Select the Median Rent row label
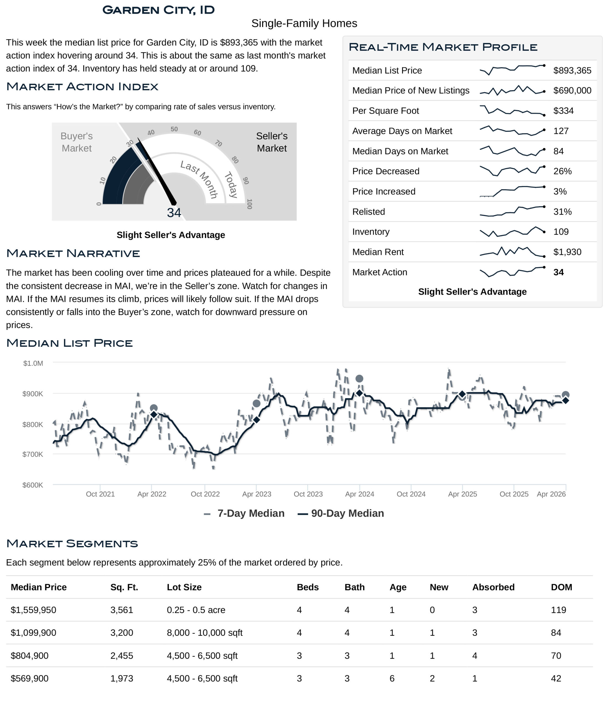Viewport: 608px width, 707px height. pos(378,252)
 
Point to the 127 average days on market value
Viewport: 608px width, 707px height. pos(561,131)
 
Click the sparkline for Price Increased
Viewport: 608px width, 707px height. pos(512,191)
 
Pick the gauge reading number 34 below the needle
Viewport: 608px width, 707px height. pos(174,213)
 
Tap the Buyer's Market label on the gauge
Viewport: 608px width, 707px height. pos(76,142)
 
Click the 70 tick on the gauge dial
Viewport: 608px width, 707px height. pos(218,143)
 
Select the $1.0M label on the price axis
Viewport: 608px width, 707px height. pos(33,363)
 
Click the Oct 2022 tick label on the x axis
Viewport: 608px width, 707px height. pos(205,494)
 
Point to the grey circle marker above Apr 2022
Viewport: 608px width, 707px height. pos(154,408)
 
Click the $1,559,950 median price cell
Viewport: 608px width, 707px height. pos(33,610)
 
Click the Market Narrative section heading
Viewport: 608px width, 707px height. pos(73,254)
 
